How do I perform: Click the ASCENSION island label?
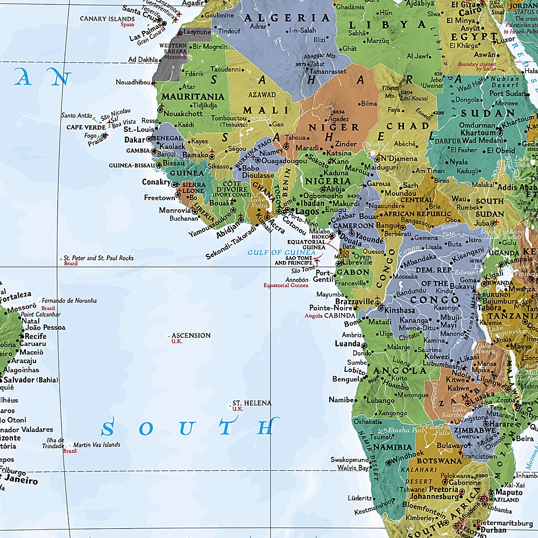[190, 335]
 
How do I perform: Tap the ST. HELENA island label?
[252, 402]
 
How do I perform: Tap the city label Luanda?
[347, 344]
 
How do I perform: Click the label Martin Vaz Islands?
[97, 445]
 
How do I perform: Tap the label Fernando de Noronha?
[69, 300]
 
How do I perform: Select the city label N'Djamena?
[399, 159]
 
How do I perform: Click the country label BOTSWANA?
[440, 461]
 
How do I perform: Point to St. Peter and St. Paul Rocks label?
[98, 258]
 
